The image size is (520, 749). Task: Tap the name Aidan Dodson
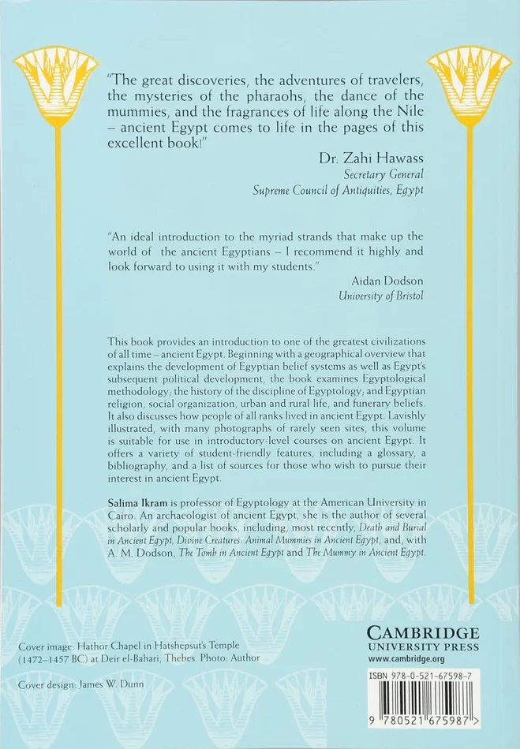[x=385, y=280]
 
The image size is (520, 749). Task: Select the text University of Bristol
[x=381, y=297]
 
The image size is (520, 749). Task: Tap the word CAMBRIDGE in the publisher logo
[x=422, y=633]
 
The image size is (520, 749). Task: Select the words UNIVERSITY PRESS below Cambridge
[x=422, y=646]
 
